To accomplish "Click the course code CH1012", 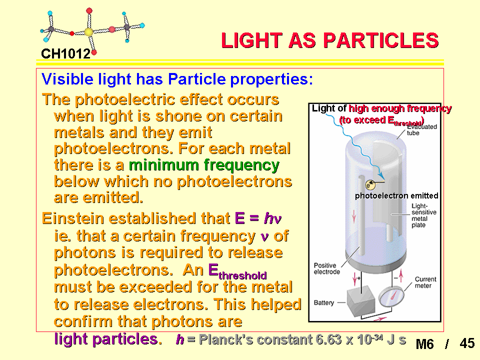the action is point(66,54).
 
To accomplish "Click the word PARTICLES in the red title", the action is point(381,40).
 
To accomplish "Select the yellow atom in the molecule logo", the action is point(89,32).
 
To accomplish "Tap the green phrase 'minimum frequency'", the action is point(204,165).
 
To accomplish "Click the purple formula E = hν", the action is point(258,218).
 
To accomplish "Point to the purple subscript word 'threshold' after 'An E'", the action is point(242,275).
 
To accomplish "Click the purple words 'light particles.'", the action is point(108,339).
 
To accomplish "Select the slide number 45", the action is point(467,343).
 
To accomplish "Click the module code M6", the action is point(424,344).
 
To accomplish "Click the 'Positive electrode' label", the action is point(326,268).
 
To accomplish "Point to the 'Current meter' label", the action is point(425,282).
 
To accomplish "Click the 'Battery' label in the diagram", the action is point(324,302).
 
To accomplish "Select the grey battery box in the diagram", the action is point(361,300).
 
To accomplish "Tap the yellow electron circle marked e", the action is point(370,185).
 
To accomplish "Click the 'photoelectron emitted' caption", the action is point(396,195).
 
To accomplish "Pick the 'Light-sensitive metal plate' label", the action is point(423,215).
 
